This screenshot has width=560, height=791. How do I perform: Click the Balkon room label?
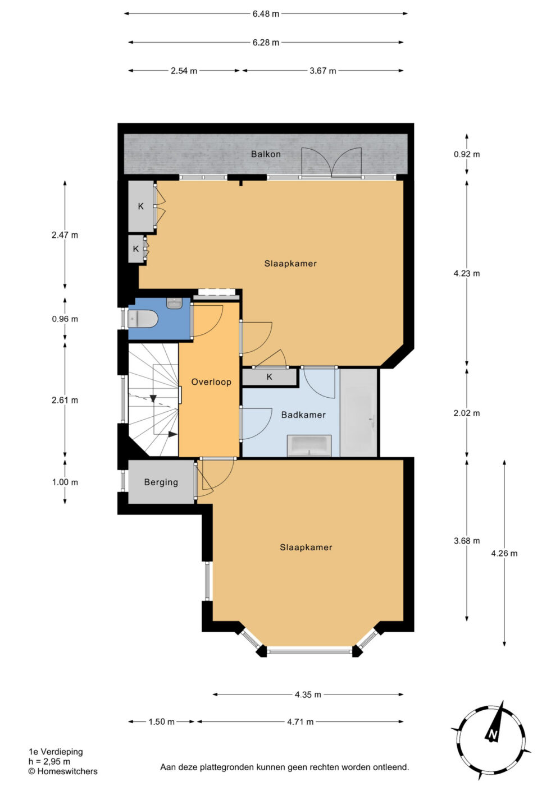point(266,154)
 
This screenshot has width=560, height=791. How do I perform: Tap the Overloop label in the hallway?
point(211,381)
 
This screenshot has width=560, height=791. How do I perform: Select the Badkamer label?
point(303,415)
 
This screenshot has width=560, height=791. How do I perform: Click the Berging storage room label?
point(161,482)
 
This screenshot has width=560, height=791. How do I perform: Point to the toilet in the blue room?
point(143,319)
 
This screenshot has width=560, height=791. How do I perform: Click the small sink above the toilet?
point(174,303)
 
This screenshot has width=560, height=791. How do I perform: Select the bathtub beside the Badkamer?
point(359,413)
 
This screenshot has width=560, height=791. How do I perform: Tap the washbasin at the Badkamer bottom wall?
point(309,445)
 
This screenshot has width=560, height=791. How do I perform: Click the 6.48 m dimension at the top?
point(266,14)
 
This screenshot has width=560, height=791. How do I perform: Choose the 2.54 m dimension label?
point(184,71)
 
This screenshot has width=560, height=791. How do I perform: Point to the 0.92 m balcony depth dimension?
point(467,154)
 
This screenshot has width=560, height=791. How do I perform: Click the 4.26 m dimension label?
point(504,553)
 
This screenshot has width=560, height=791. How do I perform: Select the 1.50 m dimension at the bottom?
point(161,722)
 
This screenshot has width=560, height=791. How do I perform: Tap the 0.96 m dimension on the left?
point(65,319)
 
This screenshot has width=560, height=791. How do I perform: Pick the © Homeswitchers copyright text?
point(63,771)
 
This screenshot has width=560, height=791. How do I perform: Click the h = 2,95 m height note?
point(49,762)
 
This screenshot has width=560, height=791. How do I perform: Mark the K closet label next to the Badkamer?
point(270,377)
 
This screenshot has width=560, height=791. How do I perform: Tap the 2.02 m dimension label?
point(467,413)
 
